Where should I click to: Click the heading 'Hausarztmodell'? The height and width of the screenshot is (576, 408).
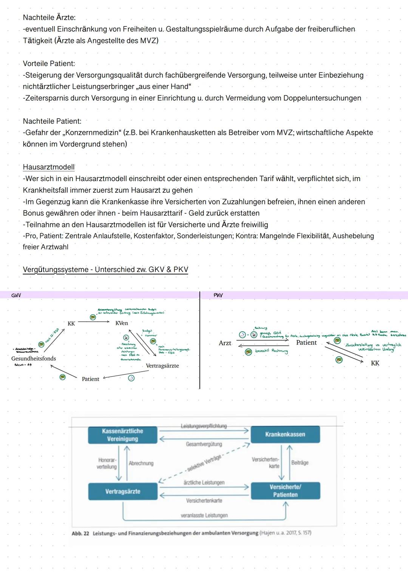(49, 167)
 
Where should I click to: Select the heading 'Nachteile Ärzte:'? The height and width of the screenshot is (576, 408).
(49, 17)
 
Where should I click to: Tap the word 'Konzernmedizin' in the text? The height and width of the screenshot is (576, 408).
(90, 133)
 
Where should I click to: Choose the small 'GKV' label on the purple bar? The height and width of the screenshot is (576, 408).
(16, 295)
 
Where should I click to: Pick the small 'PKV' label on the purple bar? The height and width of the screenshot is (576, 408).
(218, 295)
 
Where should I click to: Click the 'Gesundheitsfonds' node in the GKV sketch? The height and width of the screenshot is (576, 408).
(34, 358)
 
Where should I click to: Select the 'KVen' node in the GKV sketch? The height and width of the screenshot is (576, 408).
(122, 323)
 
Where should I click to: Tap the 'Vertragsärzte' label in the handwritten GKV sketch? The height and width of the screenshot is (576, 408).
(162, 366)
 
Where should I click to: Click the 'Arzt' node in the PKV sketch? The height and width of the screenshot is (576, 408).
(225, 343)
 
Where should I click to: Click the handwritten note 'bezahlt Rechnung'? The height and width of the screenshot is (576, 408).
(271, 351)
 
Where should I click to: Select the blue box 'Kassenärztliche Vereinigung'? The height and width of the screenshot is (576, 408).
(122, 435)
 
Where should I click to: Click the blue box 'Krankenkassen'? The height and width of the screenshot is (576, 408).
(285, 434)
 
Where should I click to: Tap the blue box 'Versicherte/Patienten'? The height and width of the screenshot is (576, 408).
(285, 491)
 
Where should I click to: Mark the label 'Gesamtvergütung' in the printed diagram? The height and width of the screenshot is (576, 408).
(204, 444)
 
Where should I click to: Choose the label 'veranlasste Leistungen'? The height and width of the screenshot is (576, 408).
(204, 515)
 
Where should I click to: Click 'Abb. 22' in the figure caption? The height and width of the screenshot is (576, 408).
(80, 533)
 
